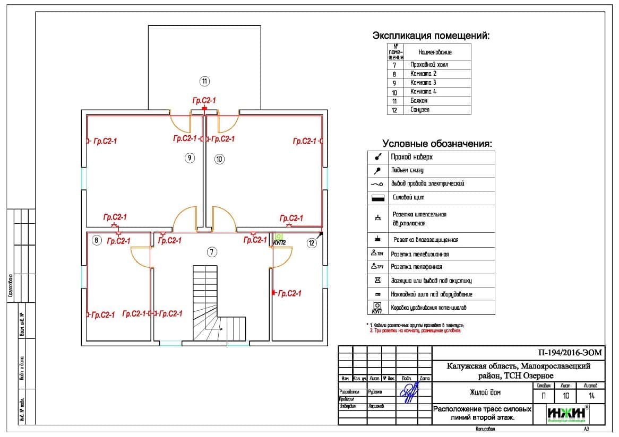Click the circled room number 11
[204, 81]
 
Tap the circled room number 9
[190, 158]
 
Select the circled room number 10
[220, 158]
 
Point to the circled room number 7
[212, 252]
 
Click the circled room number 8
[96, 240]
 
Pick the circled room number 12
[312, 242]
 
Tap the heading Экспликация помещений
[431, 36]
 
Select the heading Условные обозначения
[437, 144]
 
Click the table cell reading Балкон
[419, 101]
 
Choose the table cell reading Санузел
[420, 110]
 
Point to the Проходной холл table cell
[429, 65]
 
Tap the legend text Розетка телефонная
[416, 267]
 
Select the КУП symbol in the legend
[377, 308]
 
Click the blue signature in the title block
[408, 393]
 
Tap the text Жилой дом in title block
[485, 393]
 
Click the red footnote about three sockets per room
[416, 330]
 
